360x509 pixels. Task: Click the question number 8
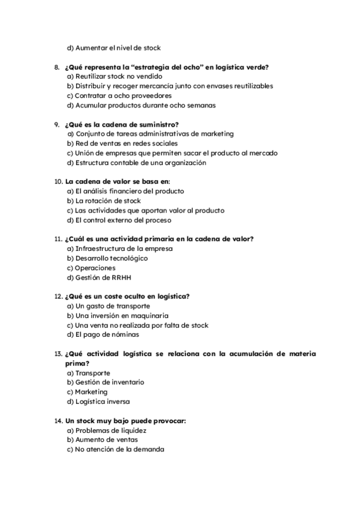57,67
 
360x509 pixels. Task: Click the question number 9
57,124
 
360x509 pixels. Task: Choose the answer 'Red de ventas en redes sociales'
122,143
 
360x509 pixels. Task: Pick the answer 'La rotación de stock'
107,201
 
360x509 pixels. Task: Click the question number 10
58,182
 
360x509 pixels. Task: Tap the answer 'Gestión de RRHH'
102,277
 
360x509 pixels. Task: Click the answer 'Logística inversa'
102,401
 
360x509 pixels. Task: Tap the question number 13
58,354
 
